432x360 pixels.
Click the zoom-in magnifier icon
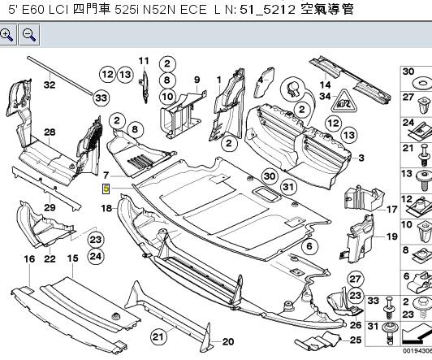7,34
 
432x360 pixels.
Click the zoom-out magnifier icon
28,34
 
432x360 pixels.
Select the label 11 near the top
144,61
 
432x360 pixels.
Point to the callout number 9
196,78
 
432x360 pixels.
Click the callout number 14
325,84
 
